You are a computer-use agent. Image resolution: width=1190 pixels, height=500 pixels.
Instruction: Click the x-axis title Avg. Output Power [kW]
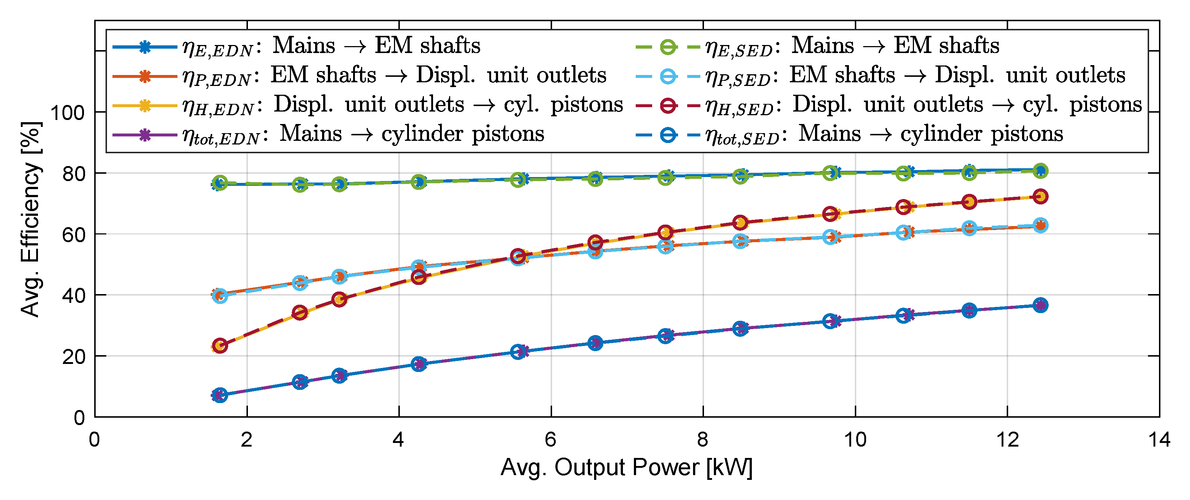pos(627,467)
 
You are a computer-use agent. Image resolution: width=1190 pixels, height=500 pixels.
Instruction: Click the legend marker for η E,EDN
pos(145,47)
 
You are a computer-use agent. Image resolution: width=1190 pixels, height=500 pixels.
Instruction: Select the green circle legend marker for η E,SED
pos(668,47)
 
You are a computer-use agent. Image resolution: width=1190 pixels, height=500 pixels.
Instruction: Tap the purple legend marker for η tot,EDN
pos(145,135)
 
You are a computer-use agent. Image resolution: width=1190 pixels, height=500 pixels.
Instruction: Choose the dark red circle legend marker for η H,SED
pos(668,106)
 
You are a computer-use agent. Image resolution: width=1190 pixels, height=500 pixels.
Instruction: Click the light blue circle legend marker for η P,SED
pos(668,77)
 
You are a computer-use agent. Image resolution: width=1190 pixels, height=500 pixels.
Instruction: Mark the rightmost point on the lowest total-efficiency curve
pos(1040,305)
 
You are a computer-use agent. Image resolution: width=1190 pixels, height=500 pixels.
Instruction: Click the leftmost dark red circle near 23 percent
pos(220,346)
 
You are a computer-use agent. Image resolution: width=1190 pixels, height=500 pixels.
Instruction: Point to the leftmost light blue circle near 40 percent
pos(220,296)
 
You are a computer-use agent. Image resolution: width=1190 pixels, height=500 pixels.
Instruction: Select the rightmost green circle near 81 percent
pos(1040,171)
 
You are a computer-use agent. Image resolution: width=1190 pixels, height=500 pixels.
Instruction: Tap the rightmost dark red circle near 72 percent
pos(1040,196)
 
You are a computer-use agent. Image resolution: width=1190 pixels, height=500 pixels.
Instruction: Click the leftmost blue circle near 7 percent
pos(220,395)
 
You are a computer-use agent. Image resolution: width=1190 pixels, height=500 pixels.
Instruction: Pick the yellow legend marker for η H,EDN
pos(145,106)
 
